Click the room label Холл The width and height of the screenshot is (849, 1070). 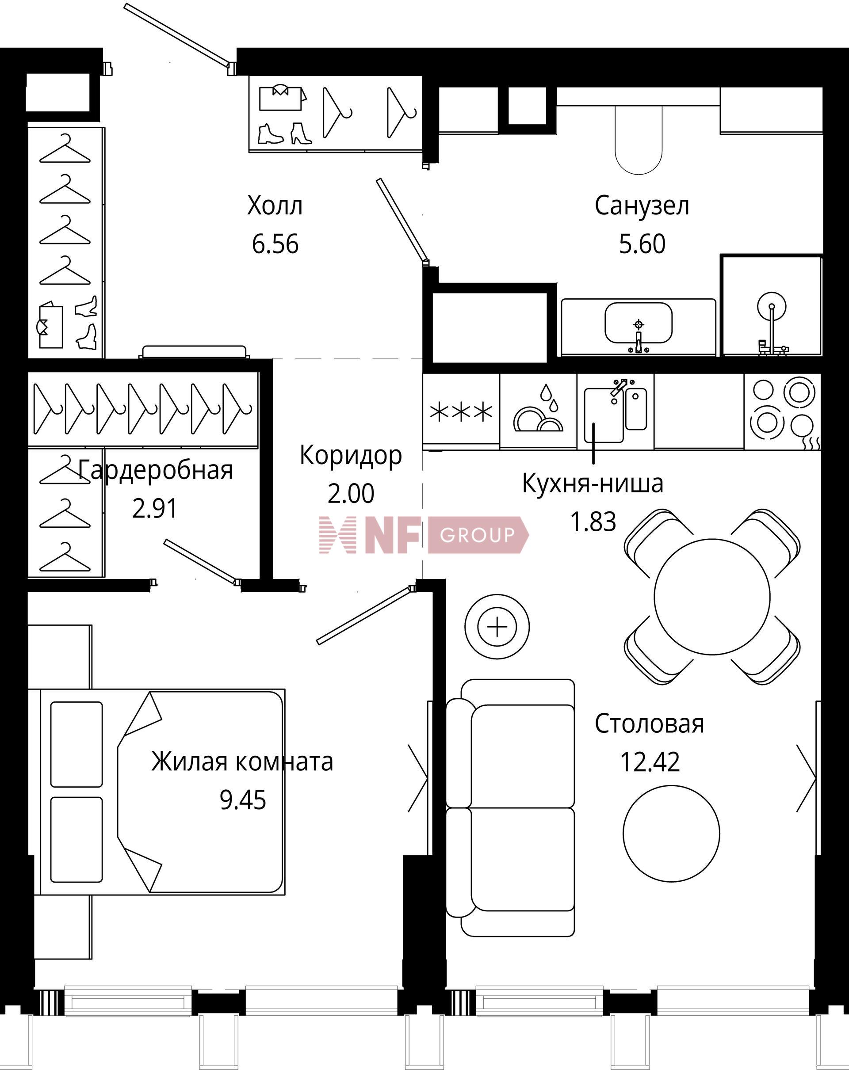[x=275, y=206]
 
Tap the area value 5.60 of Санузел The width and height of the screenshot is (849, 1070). [x=642, y=244]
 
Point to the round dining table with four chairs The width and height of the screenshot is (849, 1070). [x=712, y=597]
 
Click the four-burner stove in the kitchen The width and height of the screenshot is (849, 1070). [x=783, y=412]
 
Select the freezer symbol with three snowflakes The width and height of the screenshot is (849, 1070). [x=461, y=412]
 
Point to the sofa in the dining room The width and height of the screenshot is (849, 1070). [x=510, y=808]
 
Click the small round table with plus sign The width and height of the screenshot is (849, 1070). [x=497, y=627]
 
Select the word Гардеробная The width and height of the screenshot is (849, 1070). [x=155, y=470]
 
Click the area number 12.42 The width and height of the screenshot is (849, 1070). [x=650, y=762]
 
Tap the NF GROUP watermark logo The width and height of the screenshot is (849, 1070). [x=424, y=534]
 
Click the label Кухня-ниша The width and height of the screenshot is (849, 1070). [x=593, y=484]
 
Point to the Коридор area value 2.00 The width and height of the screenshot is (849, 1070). [x=351, y=494]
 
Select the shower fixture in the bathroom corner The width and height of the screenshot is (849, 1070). [x=772, y=323]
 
